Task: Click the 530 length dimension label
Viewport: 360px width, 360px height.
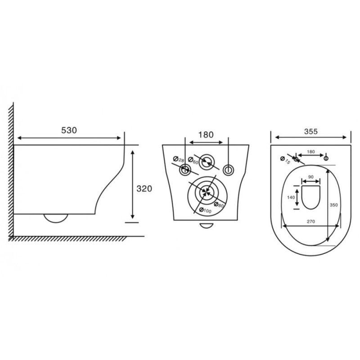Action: (69, 130)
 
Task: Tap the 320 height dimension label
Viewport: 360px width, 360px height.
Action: (144, 189)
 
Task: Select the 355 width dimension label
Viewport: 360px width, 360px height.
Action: (311, 131)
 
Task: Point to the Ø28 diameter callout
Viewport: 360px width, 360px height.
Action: (179, 159)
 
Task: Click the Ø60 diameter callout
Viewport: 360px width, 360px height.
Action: (193, 161)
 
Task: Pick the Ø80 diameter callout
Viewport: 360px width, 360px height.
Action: (218, 205)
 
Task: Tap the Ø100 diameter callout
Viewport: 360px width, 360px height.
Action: (205, 210)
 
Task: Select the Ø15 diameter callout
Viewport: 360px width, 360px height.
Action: (285, 160)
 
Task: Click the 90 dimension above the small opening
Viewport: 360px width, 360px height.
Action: (310, 177)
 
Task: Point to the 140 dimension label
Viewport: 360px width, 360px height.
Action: (291, 197)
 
